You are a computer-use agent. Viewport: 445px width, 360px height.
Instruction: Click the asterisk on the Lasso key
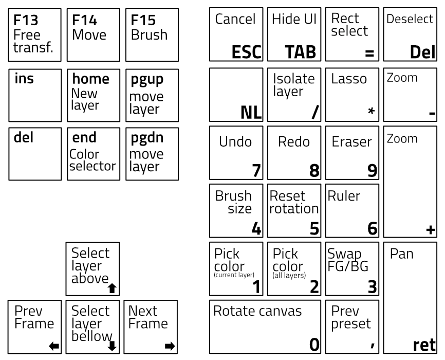point(371,111)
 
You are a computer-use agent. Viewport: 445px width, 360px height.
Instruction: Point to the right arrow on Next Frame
point(168,346)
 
